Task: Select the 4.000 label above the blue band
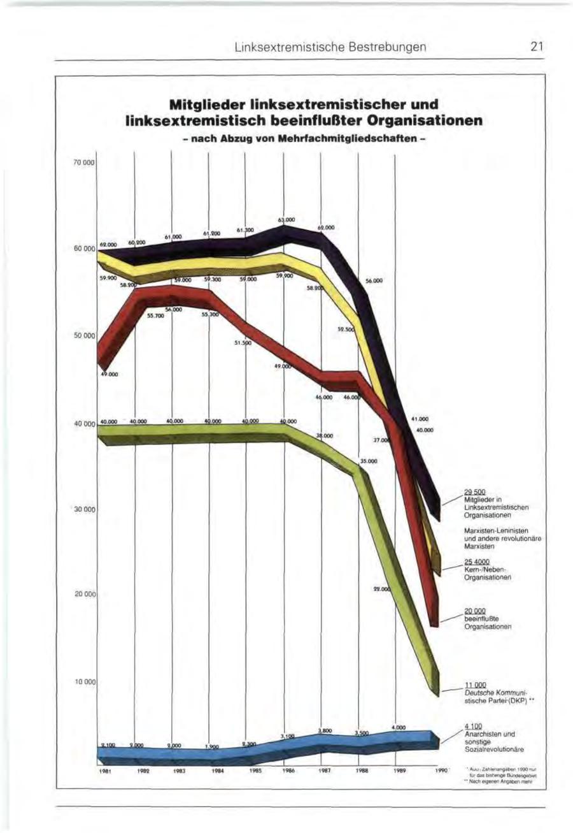(399, 727)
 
